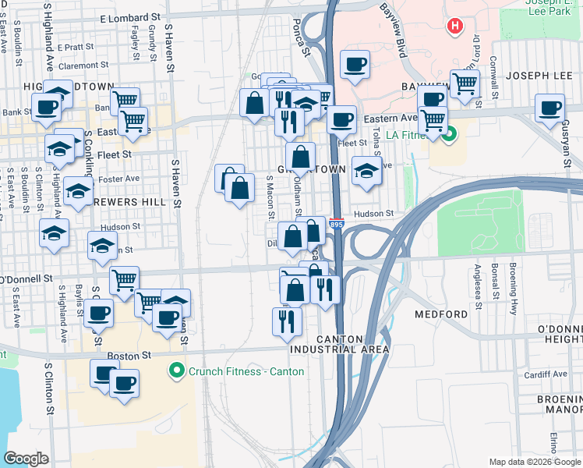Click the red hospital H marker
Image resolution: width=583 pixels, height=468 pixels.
454,27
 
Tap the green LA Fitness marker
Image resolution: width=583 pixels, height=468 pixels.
449,139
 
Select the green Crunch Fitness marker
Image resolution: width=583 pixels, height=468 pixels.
177,370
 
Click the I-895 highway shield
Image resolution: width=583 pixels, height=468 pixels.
337,224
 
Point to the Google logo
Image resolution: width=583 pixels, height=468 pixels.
26,459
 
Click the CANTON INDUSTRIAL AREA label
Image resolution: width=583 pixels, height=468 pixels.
352,344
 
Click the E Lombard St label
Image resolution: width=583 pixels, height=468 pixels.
129,16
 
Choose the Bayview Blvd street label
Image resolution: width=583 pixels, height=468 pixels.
394,32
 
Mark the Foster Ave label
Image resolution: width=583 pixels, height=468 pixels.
119,179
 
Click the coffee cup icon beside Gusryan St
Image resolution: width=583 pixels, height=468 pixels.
550,108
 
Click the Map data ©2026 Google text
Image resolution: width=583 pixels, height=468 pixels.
533,462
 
